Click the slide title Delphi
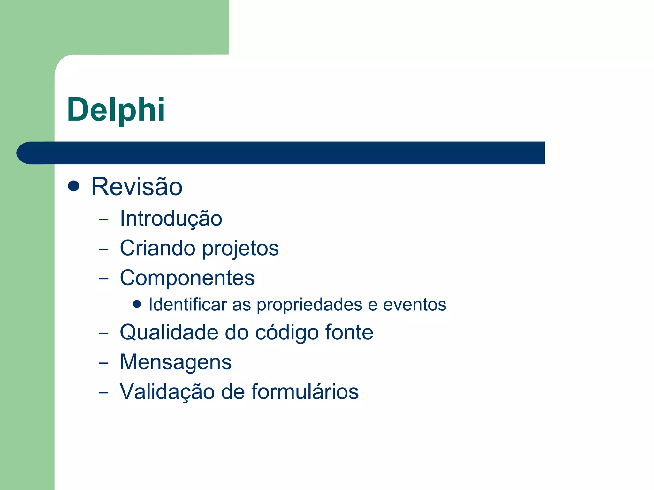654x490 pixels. pyautogui.click(x=116, y=109)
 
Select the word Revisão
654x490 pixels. pyautogui.click(x=137, y=187)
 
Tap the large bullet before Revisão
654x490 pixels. pyautogui.click(x=73, y=186)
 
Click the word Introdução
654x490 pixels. pyautogui.click(x=171, y=219)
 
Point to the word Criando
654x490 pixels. pyautogui.click(x=157, y=248)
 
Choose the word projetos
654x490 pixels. pyautogui.click(x=240, y=249)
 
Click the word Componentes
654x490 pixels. pyautogui.click(x=187, y=278)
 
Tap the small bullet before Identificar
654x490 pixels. pyautogui.click(x=137, y=304)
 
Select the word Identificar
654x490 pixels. pyautogui.click(x=187, y=304)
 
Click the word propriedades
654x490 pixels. pyautogui.click(x=309, y=305)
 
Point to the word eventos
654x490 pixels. pyautogui.click(x=414, y=305)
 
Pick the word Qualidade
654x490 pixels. pyautogui.click(x=170, y=332)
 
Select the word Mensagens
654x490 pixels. pyautogui.click(x=176, y=362)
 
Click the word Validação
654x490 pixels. pyautogui.click(x=167, y=392)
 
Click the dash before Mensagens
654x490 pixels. pyautogui.click(x=103, y=363)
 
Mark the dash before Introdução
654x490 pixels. pyautogui.click(x=103, y=219)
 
